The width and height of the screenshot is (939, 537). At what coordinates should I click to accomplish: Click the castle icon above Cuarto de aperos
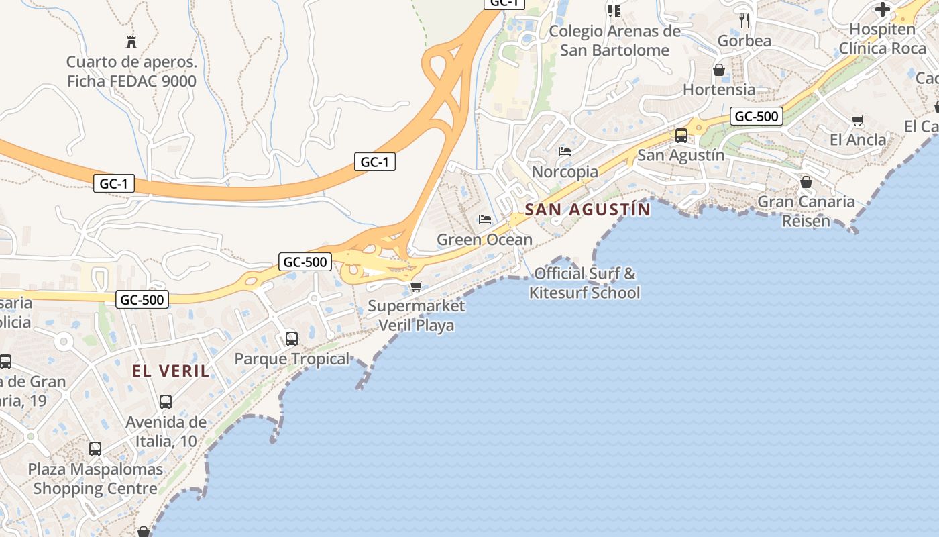coord(131,42)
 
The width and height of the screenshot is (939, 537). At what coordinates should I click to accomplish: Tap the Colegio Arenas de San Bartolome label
coord(614,41)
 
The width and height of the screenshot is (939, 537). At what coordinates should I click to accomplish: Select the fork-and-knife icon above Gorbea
coord(744,20)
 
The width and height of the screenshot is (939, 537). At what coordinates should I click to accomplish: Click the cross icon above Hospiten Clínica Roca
coord(883,9)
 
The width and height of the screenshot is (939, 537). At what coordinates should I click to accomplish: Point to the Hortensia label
coord(719,89)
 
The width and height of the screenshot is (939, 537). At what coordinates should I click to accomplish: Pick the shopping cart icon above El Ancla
coord(857,121)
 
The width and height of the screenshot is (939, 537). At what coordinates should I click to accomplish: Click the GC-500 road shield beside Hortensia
coord(757,116)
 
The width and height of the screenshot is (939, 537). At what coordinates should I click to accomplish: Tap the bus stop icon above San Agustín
coord(681,136)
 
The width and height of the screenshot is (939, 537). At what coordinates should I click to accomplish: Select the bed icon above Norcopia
coord(565,152)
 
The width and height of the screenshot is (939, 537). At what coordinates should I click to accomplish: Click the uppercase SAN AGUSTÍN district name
coord(588,209)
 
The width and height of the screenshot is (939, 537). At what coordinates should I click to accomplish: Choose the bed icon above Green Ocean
coord(485,219)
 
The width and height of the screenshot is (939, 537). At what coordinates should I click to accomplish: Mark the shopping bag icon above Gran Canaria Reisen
coord(806,182)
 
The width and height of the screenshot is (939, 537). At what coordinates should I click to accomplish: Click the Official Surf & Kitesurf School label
coord(585,283)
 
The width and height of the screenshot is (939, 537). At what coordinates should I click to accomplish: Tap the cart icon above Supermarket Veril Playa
coord(416,287)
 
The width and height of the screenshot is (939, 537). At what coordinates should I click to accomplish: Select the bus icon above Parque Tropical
coord(292,339)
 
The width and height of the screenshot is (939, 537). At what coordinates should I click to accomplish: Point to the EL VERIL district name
coord(170,371)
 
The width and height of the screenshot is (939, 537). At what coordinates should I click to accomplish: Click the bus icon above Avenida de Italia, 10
coord(166,402)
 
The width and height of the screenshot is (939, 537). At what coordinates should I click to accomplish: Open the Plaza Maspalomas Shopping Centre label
coord(95,479)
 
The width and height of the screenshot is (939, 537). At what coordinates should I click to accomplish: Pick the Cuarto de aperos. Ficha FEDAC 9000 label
coord(131,72)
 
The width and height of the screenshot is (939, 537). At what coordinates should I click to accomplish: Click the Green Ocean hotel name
coord(484,240)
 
